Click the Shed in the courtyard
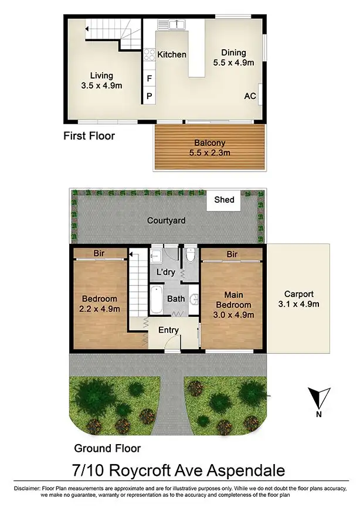(x=224, y=200)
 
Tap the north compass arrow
(x=318, y=398)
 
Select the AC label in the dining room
(x=250, y=96)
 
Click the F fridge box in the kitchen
(x=150, y=79)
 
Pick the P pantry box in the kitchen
(x=150, y=95)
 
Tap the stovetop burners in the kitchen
(x=150, y=55)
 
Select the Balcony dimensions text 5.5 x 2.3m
(x=209, y=153)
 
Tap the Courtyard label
(x=166, y=220)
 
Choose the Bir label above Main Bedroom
(x=232, y=254)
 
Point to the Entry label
(x=168, y=330)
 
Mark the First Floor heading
(x=89, y=136)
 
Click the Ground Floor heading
(x=107, y=448)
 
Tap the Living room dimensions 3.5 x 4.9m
(x=101, y=86)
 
